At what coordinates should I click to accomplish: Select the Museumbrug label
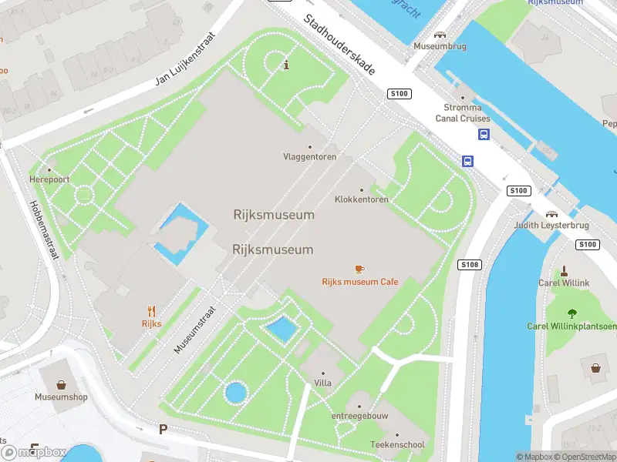[440, 46]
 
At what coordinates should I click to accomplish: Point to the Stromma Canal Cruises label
[463, 113]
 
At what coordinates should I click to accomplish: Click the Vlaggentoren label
[310, 157]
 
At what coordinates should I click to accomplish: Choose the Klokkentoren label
[362, 199]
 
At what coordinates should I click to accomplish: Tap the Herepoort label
[50, 179]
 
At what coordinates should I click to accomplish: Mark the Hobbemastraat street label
[43, 230]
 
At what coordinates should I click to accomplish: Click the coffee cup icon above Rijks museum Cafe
[359, 269]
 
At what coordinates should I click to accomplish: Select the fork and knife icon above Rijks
[151, 311]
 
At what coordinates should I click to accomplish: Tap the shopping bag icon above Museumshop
[61, 384]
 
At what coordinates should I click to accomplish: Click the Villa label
[322, 383]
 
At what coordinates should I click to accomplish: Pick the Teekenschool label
[397, 445]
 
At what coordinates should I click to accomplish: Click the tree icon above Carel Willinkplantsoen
[571, 313]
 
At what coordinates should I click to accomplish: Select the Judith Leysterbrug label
[551, 226]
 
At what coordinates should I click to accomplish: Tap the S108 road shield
[469, 265]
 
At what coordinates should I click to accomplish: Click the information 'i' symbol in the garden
[287, 65]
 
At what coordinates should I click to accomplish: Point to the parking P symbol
[163, 429]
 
